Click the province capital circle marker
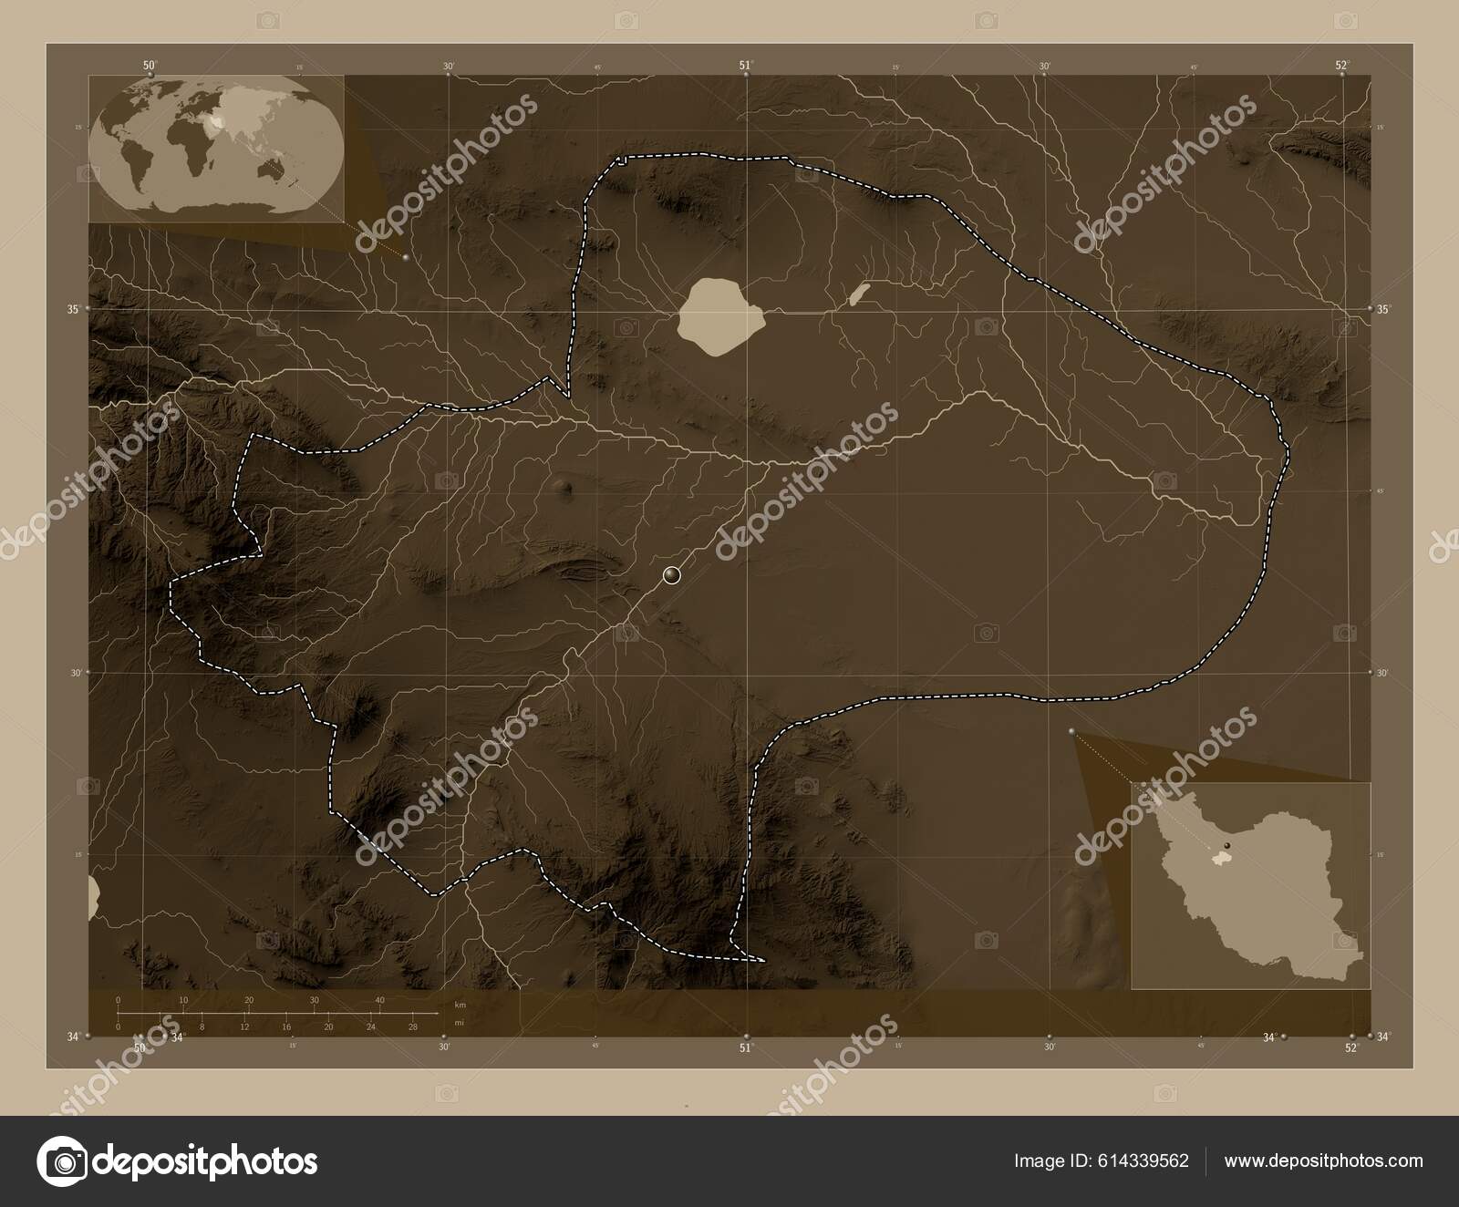click(x=672, y=574)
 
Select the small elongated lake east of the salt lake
click(x=858, y=294)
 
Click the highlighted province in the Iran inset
click(x=1220, y=858)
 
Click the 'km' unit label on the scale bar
click(x=460, y=1005)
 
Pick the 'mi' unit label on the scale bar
click(x=459, y=1023)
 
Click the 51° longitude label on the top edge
click(x=746, y=65)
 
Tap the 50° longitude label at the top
click(x=150, y=65)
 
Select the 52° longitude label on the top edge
click(x=1341, y=65)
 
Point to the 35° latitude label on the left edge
click(x=72, y=309)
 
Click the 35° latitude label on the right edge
click(x=1383, y=310)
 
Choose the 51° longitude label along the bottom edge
click(x=746, y=1048)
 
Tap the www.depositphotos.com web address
click(x=1324, y=1161)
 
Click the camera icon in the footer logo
click(x=63, y=1161)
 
